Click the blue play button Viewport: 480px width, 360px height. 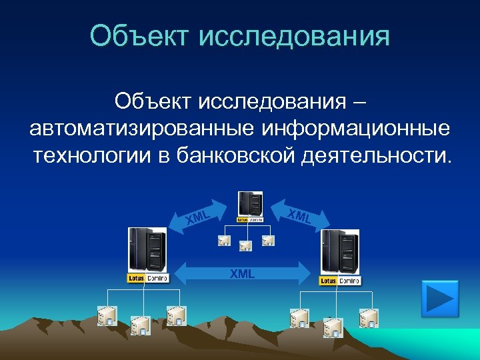(x=440, y=299)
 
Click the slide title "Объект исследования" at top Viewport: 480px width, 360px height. (x=240, y=36)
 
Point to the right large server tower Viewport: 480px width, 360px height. (x=339, y=251)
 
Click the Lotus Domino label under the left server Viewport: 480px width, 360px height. (x=148, y=277)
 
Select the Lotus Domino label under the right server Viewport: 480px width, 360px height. (x=340, y=281)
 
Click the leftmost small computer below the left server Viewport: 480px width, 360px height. (x=107, y=316)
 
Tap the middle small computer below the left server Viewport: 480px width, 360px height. (x=141, y=325)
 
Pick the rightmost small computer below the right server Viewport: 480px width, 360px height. (x=369, y=318)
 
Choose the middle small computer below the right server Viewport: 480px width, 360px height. (x=333, y=327)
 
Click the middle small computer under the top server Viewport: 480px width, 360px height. (x=246, y=246)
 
